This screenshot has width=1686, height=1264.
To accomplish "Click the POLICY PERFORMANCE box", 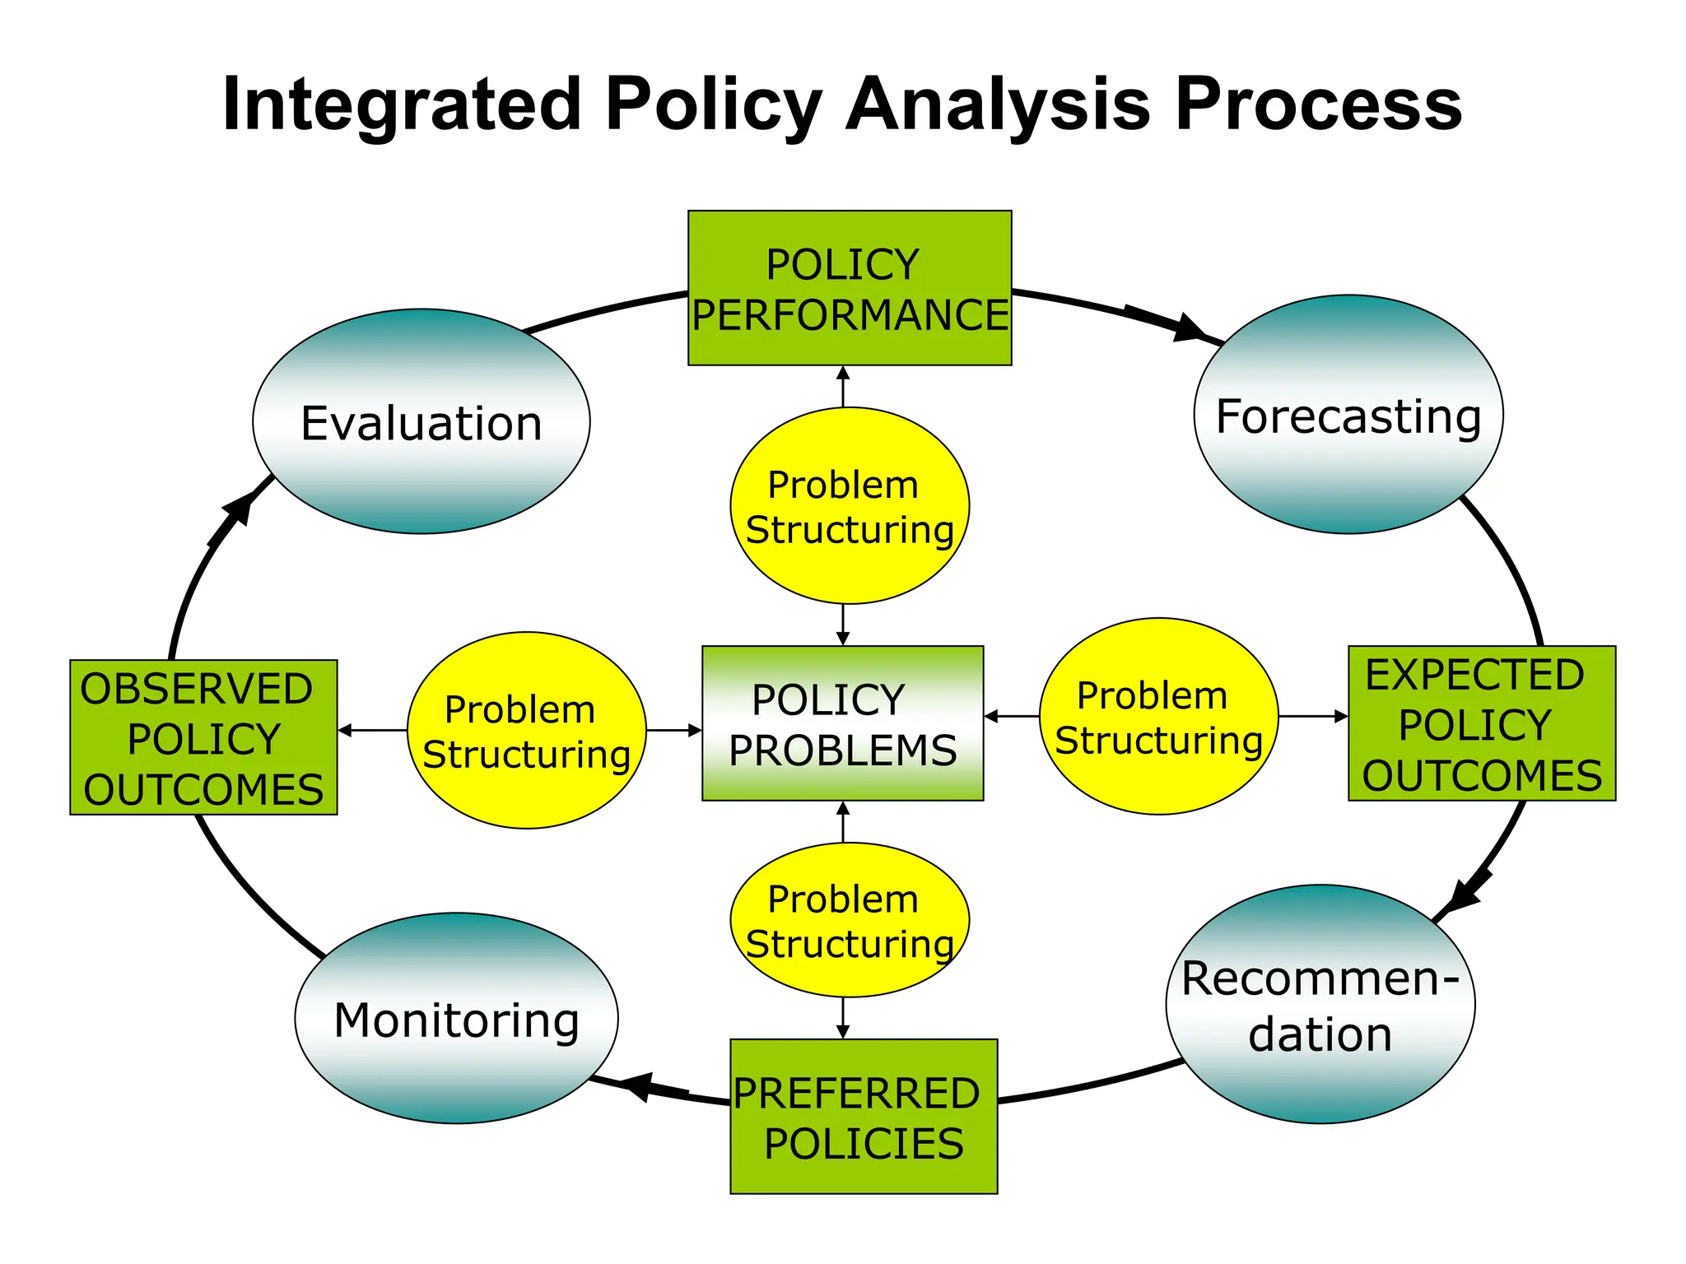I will tap(849, 288).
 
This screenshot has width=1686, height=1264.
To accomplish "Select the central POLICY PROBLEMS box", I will tap(842, 723).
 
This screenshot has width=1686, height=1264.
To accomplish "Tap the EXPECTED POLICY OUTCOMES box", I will tap(1481, 723).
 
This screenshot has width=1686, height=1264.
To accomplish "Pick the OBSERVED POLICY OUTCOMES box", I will tap(203, 737).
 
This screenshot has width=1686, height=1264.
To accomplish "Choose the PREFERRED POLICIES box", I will tap(864, 1117).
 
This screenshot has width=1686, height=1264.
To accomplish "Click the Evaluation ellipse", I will tap(421, 421).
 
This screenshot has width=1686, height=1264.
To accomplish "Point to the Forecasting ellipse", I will tap(1348, 414).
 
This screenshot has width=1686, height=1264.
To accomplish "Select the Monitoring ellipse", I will tap(456, 1018).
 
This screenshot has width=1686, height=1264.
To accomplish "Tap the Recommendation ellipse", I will tap(1320, 1004).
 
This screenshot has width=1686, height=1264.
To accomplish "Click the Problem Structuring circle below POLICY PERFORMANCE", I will tap(849, 505).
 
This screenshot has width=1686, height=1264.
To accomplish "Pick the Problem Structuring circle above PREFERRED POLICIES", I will tap(849, 919).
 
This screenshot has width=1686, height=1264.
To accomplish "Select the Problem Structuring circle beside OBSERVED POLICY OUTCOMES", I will tap(526, 730).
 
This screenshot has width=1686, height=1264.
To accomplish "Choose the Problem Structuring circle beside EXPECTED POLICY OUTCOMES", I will tap(1158, 716).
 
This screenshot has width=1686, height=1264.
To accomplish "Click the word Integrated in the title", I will tap(402, 105).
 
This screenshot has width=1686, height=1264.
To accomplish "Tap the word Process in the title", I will tap(1318, 105).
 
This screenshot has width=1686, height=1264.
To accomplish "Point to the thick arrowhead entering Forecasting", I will tap(1188, 328).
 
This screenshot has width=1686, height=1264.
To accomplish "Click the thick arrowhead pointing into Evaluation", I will tap(240, 505).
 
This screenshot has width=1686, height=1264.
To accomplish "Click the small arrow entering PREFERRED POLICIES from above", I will tap(842, 1031).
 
